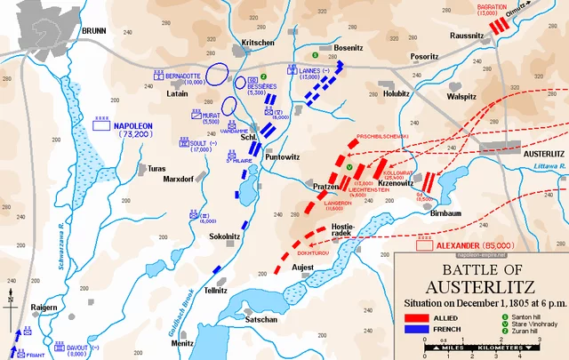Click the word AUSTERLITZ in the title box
[x=481, y=286]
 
